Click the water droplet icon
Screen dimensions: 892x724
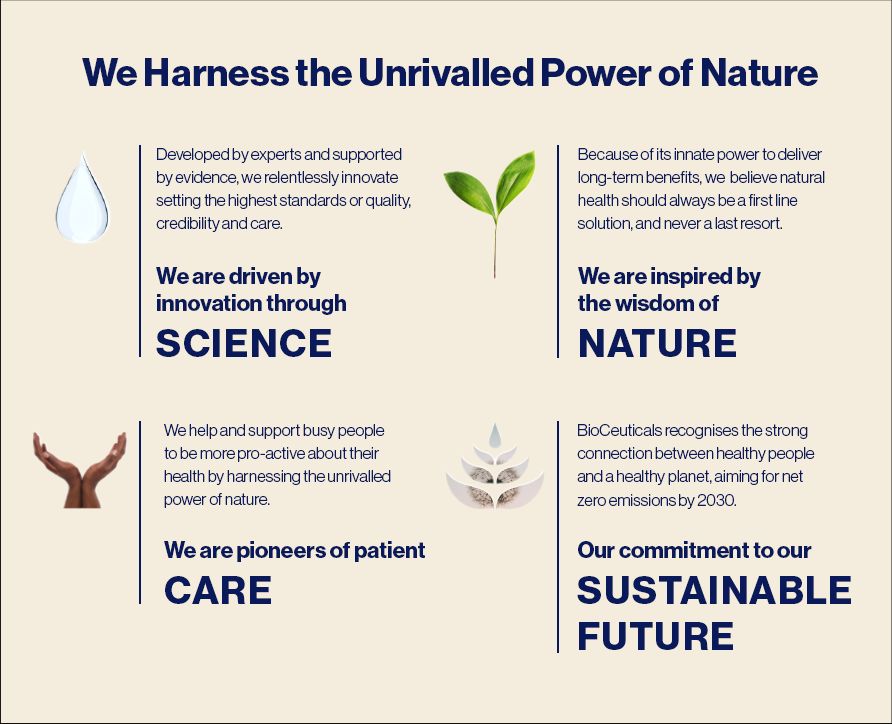tap(82, 199)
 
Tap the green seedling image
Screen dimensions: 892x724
tap(490, 210)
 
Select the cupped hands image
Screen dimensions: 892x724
tap(80, 470)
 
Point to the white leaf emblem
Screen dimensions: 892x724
tap(495, 466)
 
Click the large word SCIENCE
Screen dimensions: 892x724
tap(244, 343)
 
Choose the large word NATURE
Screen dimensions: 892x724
tap(658, 343)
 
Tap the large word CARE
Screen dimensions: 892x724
tap(218, 590)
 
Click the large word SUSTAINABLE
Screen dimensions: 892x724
tap(715, 590)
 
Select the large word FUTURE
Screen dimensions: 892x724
tap(655, 635)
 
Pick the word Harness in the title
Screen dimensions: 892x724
tap(216, 73)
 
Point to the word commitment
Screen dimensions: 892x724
tap(683, 550)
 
